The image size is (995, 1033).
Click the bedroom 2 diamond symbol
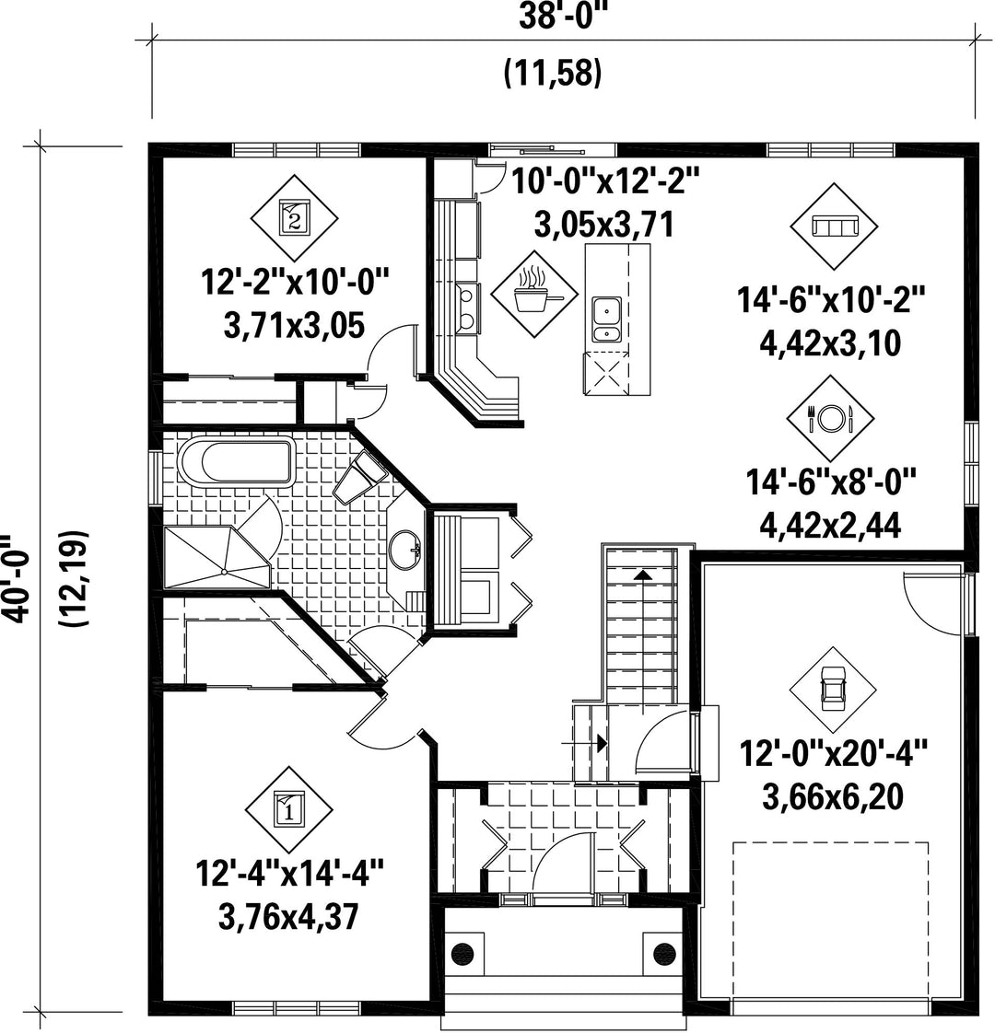295,216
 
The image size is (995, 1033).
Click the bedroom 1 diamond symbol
288,809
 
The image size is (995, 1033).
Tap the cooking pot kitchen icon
534,294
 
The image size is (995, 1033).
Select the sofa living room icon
834,226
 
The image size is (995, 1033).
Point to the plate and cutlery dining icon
830,418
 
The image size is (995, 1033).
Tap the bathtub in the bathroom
236,463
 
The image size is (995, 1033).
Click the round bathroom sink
404,549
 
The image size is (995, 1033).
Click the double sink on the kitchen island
606,320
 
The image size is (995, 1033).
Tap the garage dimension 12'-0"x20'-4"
833,754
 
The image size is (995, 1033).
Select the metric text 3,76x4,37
288,916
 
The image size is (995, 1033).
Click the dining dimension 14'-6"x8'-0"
831,483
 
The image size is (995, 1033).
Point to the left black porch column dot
463,953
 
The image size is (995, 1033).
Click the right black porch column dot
664,953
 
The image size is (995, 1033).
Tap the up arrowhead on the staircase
642,575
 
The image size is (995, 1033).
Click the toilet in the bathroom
359,476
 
